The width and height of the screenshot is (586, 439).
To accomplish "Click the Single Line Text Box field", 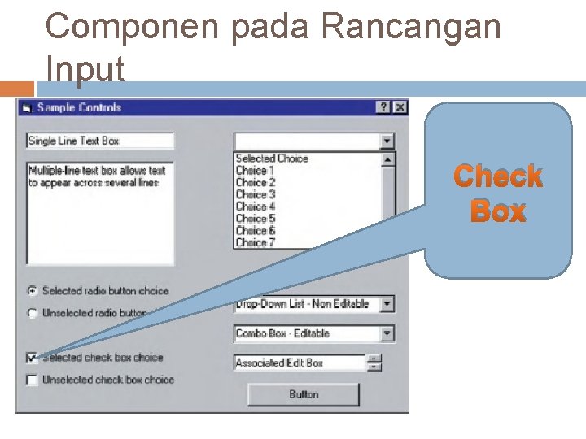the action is tap(99, 141).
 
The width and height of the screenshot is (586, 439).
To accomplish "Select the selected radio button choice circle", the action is tap(32, 290).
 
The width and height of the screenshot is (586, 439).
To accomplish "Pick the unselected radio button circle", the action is tap(32, 313).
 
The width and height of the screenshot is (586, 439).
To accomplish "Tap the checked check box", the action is tap(32, 358).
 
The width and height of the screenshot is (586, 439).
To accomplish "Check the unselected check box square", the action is tap(32, 380).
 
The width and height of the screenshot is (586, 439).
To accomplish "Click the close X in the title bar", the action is tap(400, 107).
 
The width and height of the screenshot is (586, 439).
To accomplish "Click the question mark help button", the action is tap(383, 107).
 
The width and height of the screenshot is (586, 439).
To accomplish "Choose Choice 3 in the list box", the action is tap(256, 194).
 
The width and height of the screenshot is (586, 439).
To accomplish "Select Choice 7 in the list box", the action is tap(256, 242).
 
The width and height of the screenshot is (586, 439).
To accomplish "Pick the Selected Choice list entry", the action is tap(272, 159).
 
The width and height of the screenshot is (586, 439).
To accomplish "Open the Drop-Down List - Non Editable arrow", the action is tap(387, 304).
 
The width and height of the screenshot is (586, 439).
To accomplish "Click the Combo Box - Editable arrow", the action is tap(387, 333).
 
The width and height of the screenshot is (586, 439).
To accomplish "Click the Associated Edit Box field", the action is tap(298, 363).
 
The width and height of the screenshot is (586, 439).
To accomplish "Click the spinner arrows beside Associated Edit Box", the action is tap(374, 363).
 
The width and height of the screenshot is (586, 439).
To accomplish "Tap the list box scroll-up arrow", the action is tap(387, 160).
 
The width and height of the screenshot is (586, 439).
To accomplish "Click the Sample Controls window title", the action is tap(79, 107).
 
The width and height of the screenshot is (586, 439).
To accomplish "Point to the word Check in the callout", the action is tap(498, 176).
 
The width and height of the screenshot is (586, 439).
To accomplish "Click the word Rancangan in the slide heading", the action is tap(411, 28).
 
